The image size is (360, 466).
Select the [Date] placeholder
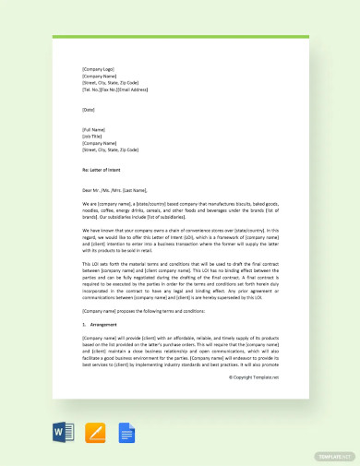(88, 110)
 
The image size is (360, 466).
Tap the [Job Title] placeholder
(92, 137)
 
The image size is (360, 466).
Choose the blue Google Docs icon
(126, 432)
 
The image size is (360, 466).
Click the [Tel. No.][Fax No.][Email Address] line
(114, 90)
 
